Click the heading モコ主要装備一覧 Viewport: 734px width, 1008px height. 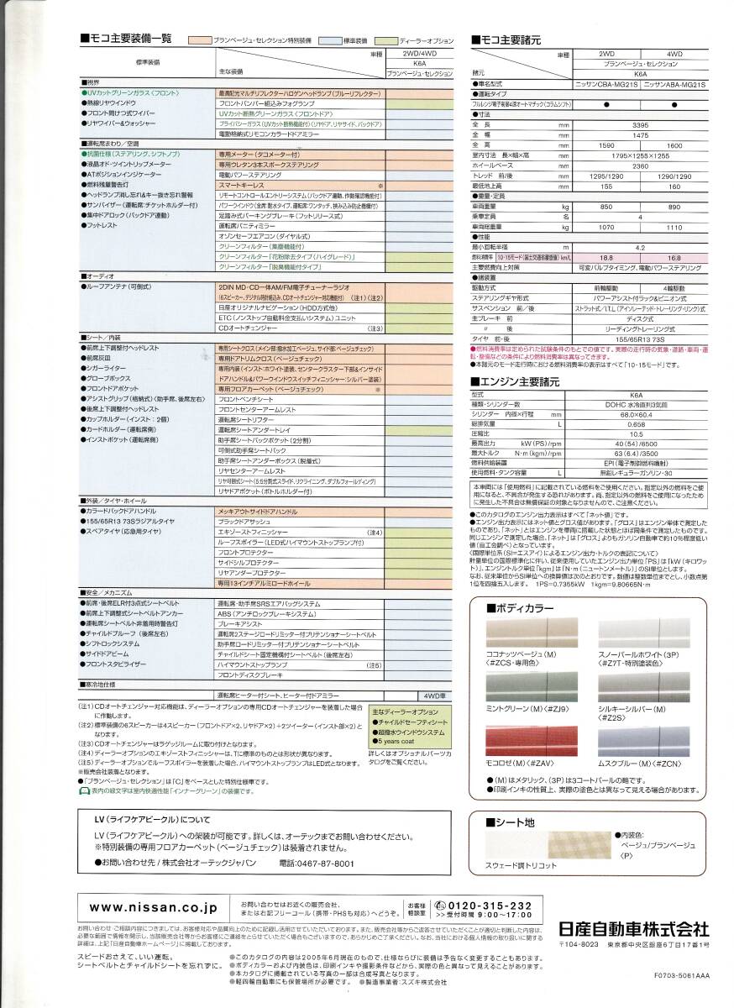pyautogui.click(x=129, y=39)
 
